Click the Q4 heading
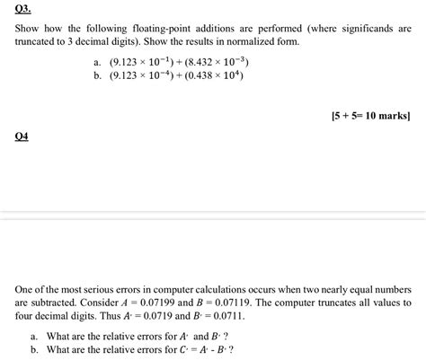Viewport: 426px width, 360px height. point(22,137)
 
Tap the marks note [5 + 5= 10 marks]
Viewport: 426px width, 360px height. point(370,116)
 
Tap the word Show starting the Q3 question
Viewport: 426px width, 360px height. point(28,30)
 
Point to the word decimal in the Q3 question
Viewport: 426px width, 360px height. point(86,43)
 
